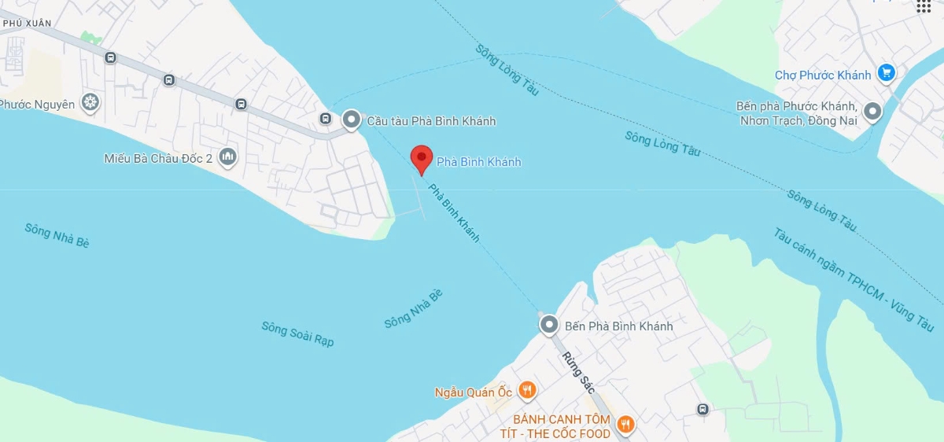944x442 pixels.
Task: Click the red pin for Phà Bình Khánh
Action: [x=422, y=158]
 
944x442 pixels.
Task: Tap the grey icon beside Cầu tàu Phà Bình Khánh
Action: [x=351, y=120]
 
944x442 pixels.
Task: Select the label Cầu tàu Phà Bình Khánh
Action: [x=431, y=121]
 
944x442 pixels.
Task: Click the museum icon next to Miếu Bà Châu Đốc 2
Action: [x=227, y=157]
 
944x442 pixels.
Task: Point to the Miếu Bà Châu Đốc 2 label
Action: [x=158, y=158]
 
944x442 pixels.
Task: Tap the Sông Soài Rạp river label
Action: [x=298, y=333]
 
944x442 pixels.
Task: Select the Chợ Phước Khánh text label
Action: [x=823, y=76]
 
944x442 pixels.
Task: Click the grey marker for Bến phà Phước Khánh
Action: [x=872, y=112]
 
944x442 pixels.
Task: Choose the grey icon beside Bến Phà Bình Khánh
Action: [x=548, y=324]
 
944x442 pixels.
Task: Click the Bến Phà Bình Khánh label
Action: [x=618, y=326]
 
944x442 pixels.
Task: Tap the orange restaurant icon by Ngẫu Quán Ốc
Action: [x=527, y=390]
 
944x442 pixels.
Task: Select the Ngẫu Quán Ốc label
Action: [x=473, y=392]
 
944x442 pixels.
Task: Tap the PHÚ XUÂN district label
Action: [x=27, y=24]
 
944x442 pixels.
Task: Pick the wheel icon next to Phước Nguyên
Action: [x=90, y=102]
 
